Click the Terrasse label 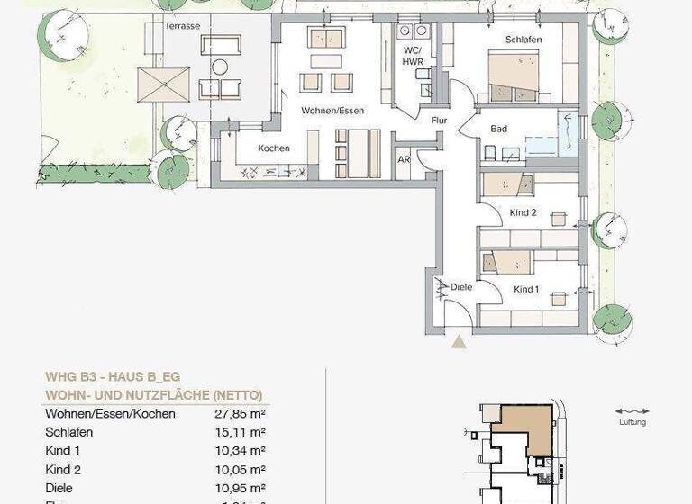(x=182, y=26)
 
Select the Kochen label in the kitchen (x=274, y=148)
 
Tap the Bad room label (x=498, y=129)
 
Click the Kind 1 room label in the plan (x=526, y=290)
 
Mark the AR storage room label (x=404, y=161)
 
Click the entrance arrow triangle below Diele (x=459, y=341)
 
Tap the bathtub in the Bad (x=543, y=145)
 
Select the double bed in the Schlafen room (x=514, y=76)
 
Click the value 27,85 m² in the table (x=244, y=414)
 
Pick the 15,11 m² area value (x=244, y=432)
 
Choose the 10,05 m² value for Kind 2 (x=244, y=470)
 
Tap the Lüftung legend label (x=632, y=422)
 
